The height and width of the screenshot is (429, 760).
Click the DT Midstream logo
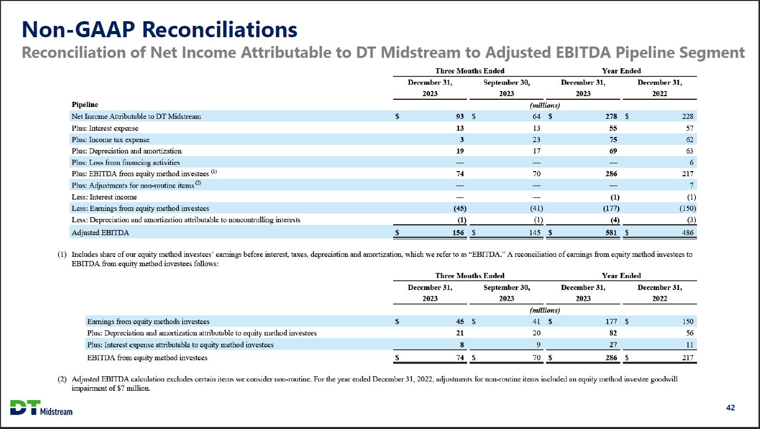pyautogui.click(x=41, y=408)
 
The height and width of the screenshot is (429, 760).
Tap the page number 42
pyautogui.click(x=731, y=408)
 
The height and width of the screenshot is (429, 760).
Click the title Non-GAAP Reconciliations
pyautogui.click(x=160, y=30)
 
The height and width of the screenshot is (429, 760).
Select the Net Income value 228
pyautogui.click(x=687, y=116)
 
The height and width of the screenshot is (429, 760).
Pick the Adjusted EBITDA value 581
pyautogui.click(x=611, y=233)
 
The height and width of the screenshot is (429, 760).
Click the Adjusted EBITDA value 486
pyautogui.click(x=687, y=233)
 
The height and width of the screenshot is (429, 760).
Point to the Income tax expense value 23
pyautogui.click(x=536, y=140)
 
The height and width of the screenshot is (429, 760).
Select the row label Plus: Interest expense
pyautogui.click(x=105, y=128)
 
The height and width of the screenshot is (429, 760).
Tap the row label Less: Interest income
pyautogui.click(x=104, y=197)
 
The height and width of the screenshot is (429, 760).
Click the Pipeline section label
pyautogui.click(x=85, y=105)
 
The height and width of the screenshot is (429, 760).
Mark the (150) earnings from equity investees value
pyautogui.click(x=687, y=208)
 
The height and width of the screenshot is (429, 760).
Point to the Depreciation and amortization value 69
pyautogui.click(x=613, y=151)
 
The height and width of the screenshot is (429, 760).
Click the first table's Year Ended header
pyautogui.click(x=621, y=71)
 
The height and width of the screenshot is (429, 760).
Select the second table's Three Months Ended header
pyautogui.click(x=470, y=275)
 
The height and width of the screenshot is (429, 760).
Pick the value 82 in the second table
pyautogui.click(x=613, y=333)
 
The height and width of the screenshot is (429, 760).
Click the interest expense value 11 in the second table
pyautogui.click(x=689, y=344)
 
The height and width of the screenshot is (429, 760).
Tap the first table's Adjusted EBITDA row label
pyautogui.click(x=100, y=233)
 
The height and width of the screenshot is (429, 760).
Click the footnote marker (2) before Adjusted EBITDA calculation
pyautogui.click(x=62, y=379)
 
